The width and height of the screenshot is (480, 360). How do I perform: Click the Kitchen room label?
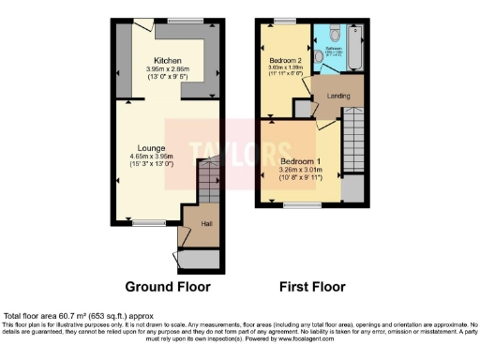[168, 59]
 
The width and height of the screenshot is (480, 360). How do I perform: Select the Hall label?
[205, 223]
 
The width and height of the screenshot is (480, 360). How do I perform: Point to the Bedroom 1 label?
[300, 160]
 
